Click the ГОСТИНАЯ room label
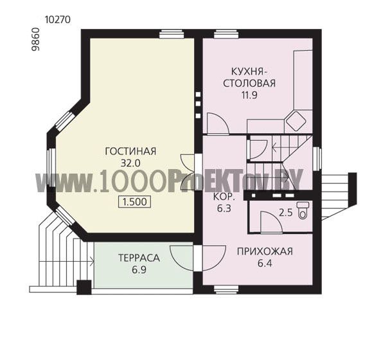(130, 151)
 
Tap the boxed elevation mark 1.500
(134, 202)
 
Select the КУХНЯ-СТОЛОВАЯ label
(249, 77)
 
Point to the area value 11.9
(249, 95)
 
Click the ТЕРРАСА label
(139, 258)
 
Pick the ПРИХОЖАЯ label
(265, 251)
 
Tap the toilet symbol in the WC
(303, 210)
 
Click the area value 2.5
(286, 212)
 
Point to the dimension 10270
(58, 20)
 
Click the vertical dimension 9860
(36, 39)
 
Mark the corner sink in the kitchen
(296, 121)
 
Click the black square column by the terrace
(84, 287)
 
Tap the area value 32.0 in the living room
(130, 163)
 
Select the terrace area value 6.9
(139, 270)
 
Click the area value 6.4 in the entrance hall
(265, 263)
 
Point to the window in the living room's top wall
(172, 34)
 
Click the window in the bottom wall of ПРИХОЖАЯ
(226, 289)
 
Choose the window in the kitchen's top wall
(226, 34)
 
